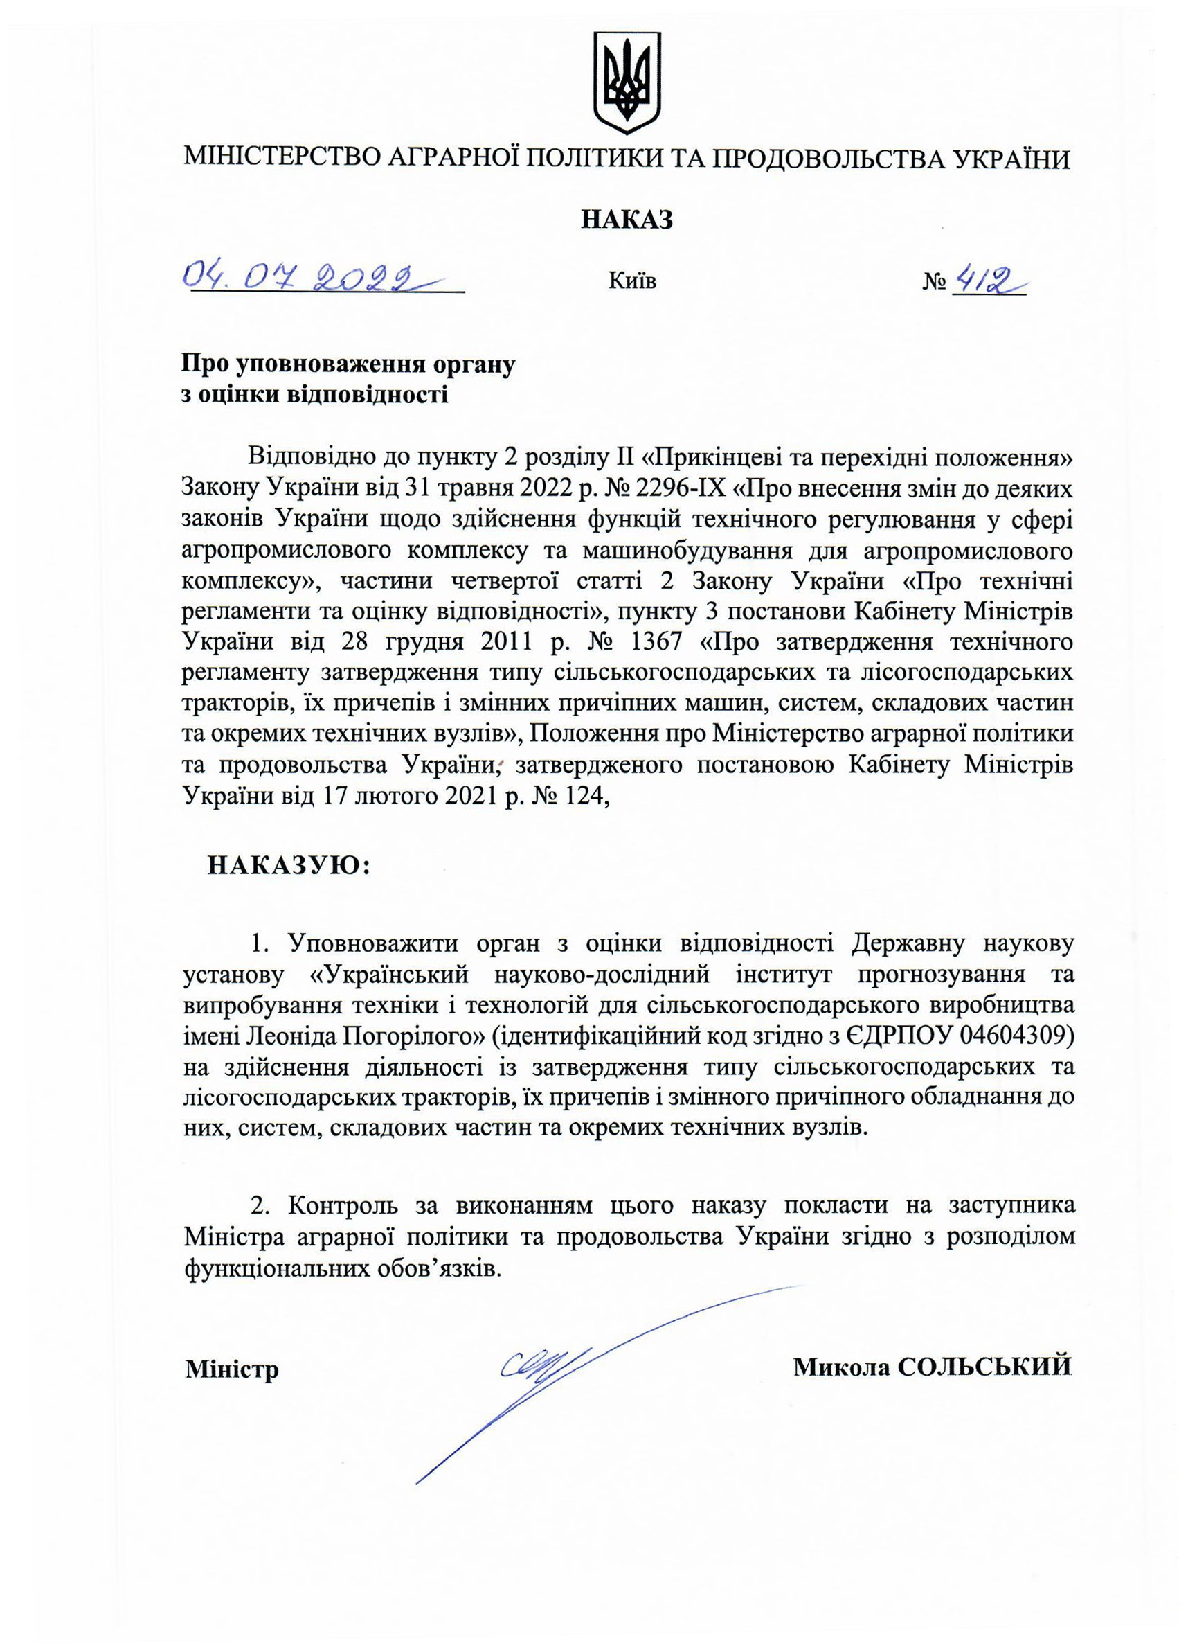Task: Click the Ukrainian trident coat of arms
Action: pos(627,82)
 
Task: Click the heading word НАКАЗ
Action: pos(627,219)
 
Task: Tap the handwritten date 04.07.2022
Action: pos(305,276)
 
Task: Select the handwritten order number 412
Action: pos(985,278)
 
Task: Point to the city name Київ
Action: pos(633,281)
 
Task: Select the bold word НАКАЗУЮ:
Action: pos(289,866)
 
